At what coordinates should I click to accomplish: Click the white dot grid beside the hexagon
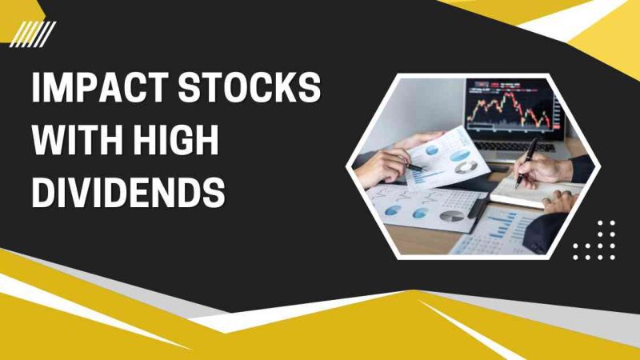click(594, 240)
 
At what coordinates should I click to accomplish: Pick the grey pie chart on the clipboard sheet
click(452, 216)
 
